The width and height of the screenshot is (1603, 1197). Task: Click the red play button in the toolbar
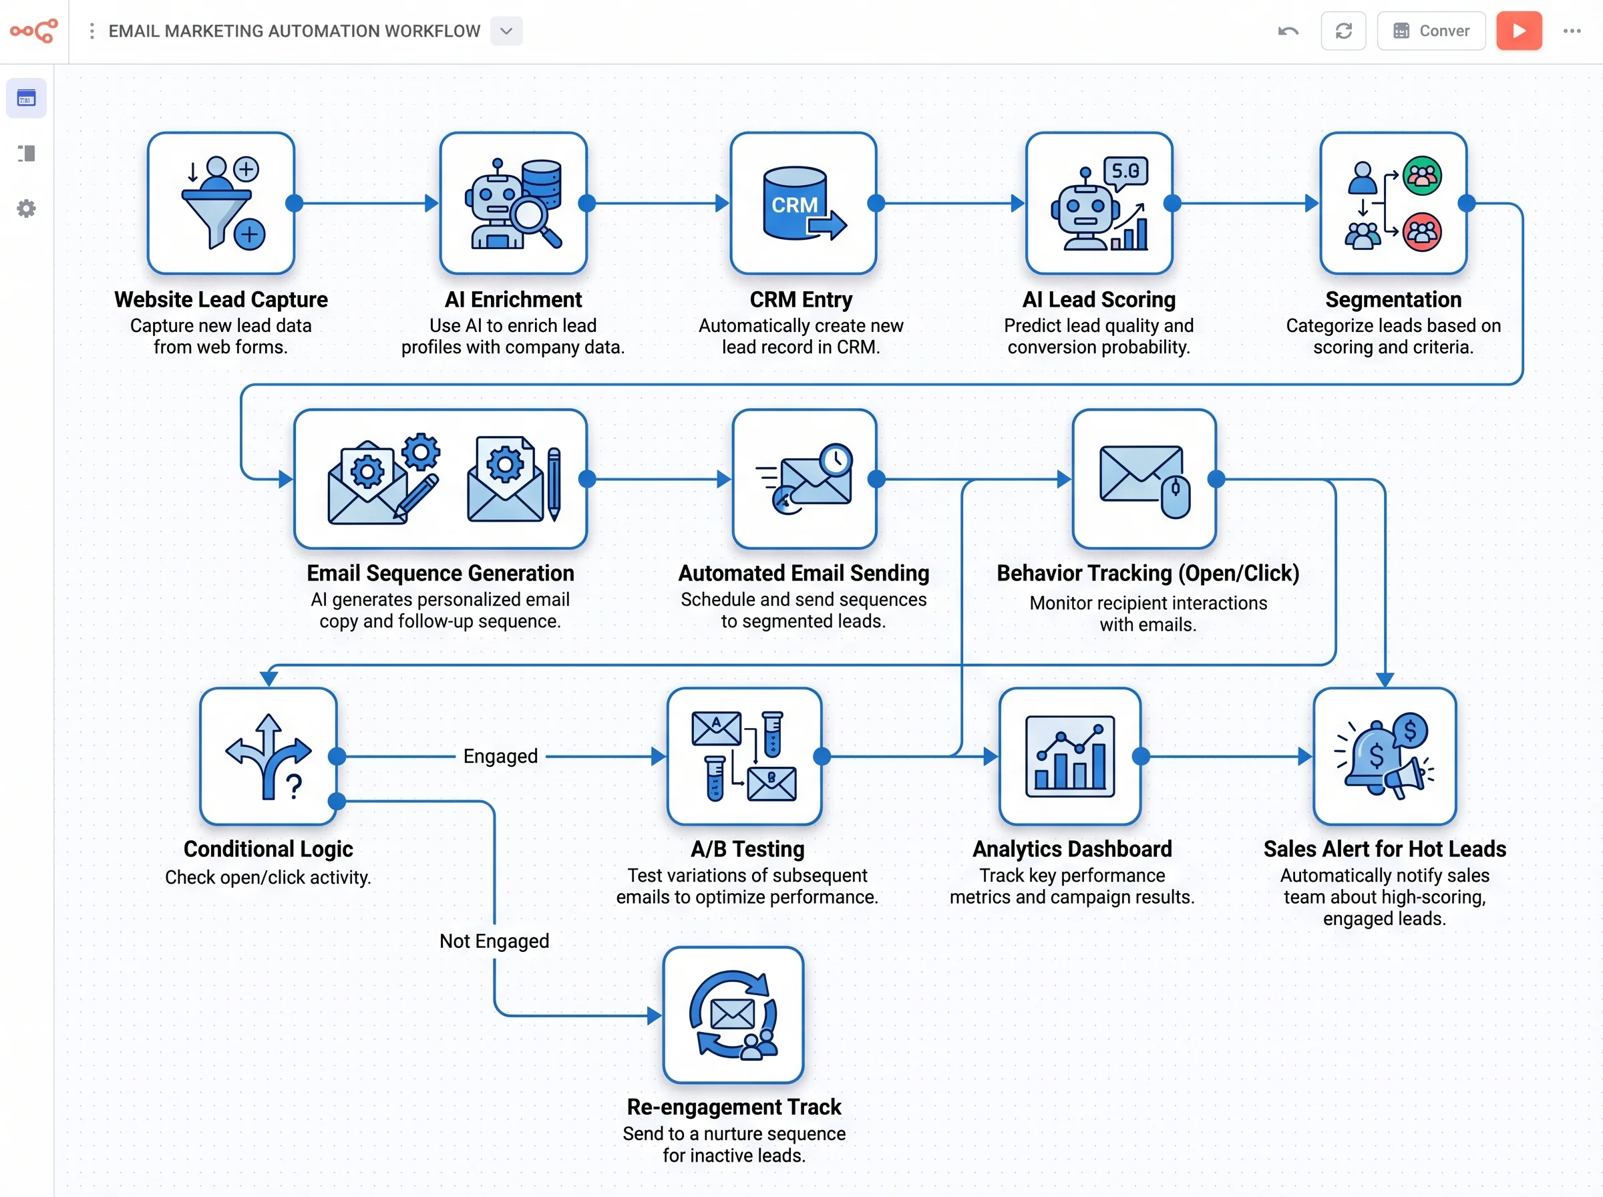[1518, 31]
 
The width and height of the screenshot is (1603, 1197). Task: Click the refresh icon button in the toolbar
[1343, 31]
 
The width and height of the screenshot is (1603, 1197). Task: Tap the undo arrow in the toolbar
[1288, 31]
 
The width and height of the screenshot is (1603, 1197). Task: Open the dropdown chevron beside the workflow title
[506, 31]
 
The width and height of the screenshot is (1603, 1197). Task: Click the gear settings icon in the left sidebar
[26, 208]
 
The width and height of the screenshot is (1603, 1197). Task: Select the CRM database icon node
[803, 203]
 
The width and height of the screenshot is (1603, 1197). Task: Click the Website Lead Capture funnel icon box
[221, 203]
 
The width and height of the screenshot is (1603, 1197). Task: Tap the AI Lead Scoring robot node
[1098, 203]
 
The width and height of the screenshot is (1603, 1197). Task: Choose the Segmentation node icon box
[1392, 203]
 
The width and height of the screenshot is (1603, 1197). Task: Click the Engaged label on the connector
[500, 756]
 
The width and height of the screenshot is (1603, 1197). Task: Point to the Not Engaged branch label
[494, 940]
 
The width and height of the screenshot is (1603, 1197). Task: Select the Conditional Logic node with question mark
[268, 756]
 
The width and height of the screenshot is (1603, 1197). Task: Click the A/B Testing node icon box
[744, 756]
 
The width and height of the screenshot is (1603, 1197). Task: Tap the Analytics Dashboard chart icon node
[1069, 756]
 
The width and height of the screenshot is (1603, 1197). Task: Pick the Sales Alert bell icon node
[1383, 756]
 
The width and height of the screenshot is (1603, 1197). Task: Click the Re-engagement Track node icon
[733, 1015]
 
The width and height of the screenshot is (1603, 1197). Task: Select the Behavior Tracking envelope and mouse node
[1143, 479]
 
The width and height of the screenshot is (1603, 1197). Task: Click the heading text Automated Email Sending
[803, 573]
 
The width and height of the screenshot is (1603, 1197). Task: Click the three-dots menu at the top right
[1571, 31]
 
